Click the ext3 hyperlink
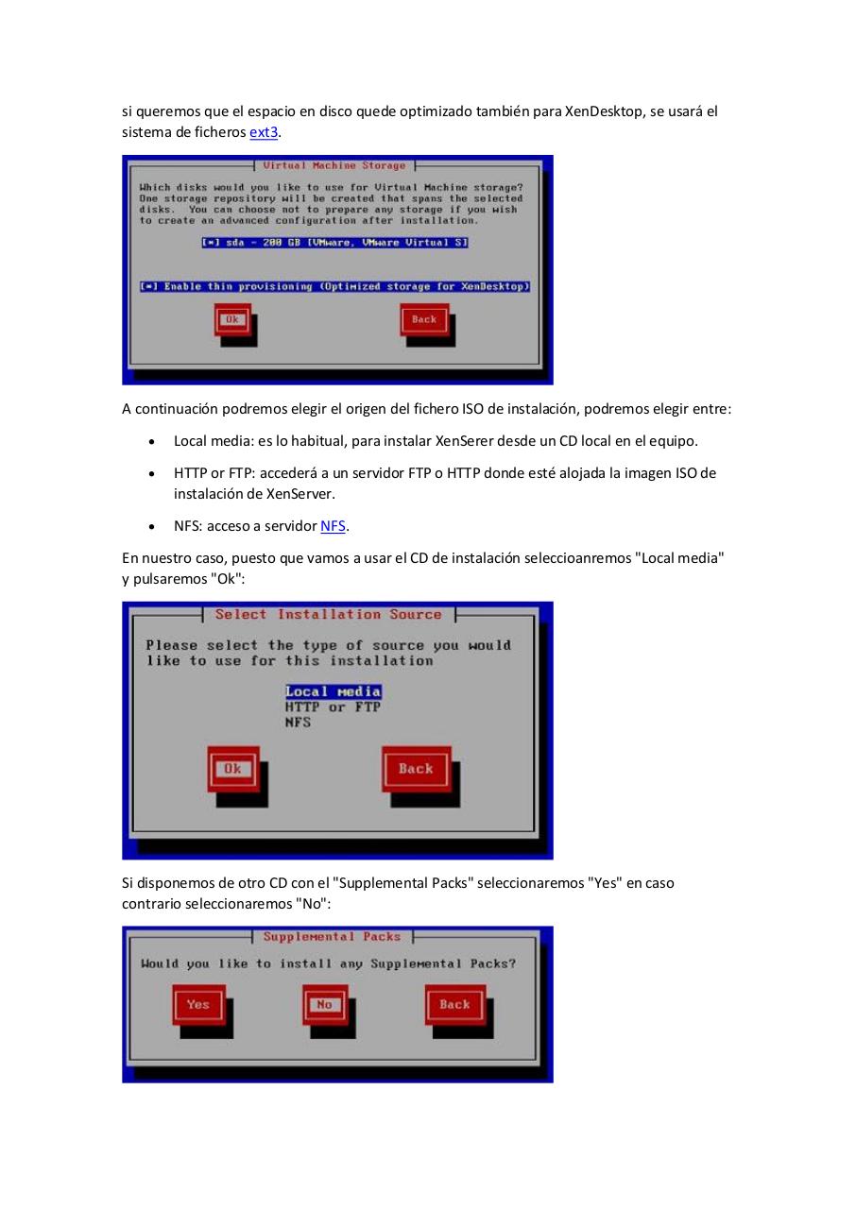coord(264,132)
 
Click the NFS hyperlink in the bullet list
coord(333,526)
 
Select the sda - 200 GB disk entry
coord(335,243)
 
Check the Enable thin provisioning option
coord(335,286)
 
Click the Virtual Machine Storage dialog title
coord(334,166)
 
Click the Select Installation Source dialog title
coord(328,615)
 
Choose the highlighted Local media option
coord(333,691)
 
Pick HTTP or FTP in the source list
coord(333,707)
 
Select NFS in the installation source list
coord(298,723)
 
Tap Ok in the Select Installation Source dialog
coord(232,769)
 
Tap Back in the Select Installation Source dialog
coord(416,769)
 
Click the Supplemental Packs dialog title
coord(332,937)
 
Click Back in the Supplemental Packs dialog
coord(454,1004)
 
